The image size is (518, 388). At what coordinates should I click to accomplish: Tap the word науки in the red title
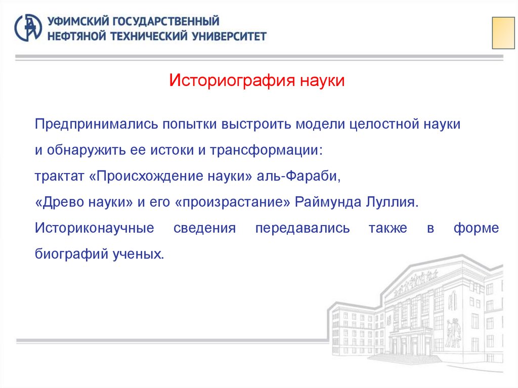tap(322, 80)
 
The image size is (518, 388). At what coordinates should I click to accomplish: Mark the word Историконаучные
tap(95, 228)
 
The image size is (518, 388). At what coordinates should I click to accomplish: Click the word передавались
tap(302, 228)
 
